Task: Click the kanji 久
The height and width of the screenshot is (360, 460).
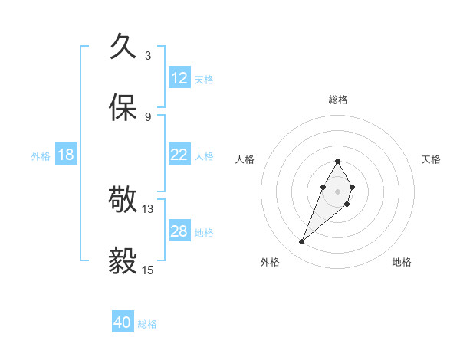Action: (x=124, y=47)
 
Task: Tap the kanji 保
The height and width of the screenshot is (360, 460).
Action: (x=124, y=108)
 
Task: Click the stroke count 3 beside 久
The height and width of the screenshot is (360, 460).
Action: (x=148, y=55)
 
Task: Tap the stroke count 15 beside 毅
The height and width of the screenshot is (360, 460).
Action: (x=148, y=270)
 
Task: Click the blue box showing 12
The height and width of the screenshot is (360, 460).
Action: (x=179, y=78)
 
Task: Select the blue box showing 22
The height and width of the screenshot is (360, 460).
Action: (x=179, y=155)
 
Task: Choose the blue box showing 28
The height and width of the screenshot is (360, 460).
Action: (x=179, y=231)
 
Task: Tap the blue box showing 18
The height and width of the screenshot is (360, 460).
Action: (x=66, y=155)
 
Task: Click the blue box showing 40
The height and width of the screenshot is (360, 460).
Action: (x=123, y=322)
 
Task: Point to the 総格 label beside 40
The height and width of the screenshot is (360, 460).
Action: (x=147, y=324)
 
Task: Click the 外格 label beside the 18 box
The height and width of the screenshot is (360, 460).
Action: (x=41, y=156)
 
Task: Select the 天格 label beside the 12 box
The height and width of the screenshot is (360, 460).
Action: (x=204, y=80)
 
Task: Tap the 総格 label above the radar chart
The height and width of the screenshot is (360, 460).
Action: (x=337, y=100)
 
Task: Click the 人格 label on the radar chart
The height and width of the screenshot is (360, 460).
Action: (x=245, y=159)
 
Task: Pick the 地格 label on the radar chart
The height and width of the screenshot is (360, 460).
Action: (x=402, y=262)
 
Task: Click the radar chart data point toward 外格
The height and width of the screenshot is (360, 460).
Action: (x=301, y=242)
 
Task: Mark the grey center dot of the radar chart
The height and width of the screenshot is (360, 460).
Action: (x=337, y=190)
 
